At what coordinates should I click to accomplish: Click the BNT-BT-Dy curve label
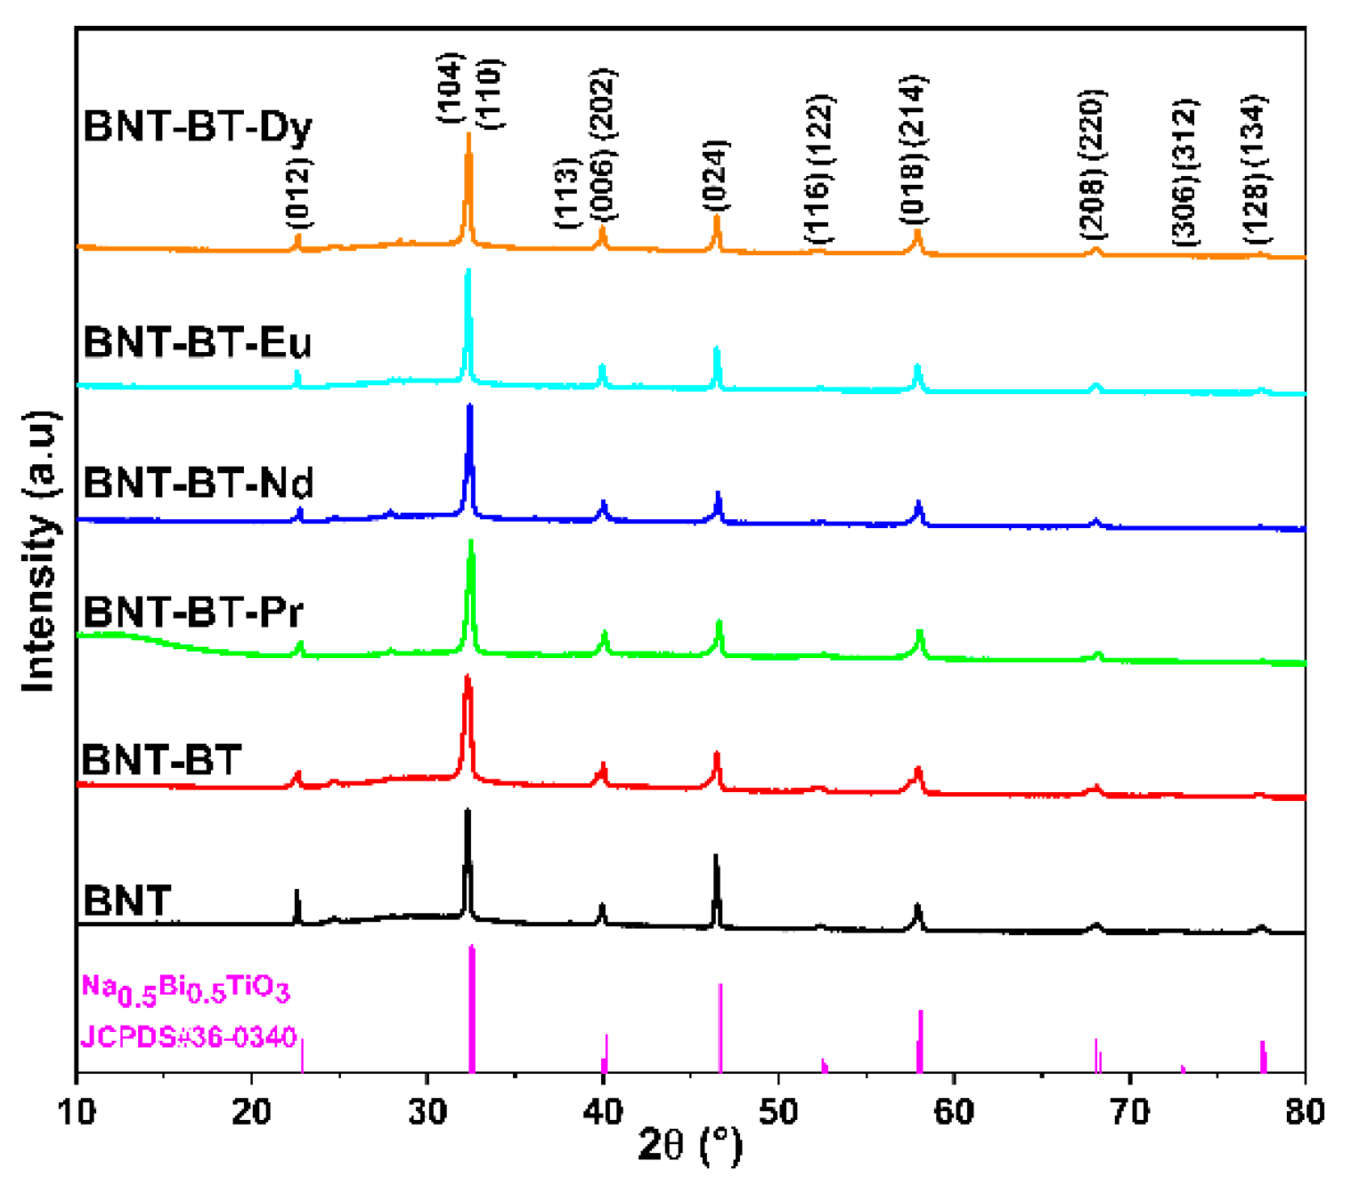pyautogui.click(x=197, y=127)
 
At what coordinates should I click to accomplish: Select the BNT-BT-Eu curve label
pyautogui.click(x=197, y=342)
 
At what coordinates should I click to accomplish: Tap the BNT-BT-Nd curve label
pyautogui.click(x=198, y=483)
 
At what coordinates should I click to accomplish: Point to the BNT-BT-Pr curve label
pyautogui.click(x=193, y=612)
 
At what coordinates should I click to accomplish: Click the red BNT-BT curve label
pyautogui.click(x=162, y=760)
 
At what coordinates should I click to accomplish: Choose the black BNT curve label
pyautogui.click(x=127, y=900)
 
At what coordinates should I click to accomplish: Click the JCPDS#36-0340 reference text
pyautogui.click(x=189, y=1037)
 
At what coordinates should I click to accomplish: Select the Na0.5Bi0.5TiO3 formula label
pyautogui.click(x=185, y=989)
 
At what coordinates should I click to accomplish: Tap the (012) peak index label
pyautogui.click(x=298, y=193)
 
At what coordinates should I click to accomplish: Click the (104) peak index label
pyautogui.click(x=450, y=88)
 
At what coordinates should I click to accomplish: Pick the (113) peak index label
pyautogui.click(x=567, y=193)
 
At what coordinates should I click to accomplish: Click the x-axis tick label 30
pyautogui.click(x=427, y=1113)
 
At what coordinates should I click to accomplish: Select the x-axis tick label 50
pyautogui.click(x=778, y=1113)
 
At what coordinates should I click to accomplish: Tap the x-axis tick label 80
pyautogui.click(x=1304, y=1113)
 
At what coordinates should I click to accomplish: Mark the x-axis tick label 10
pyautogui.click(x=77, y=1113)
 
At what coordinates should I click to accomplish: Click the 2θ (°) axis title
pyautogui.click(x=689, y=1145)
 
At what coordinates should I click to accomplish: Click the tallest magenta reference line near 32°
pyautogui.click(x=472, y=1009)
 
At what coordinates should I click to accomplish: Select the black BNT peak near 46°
pyautogui.click(x=716, y=888)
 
